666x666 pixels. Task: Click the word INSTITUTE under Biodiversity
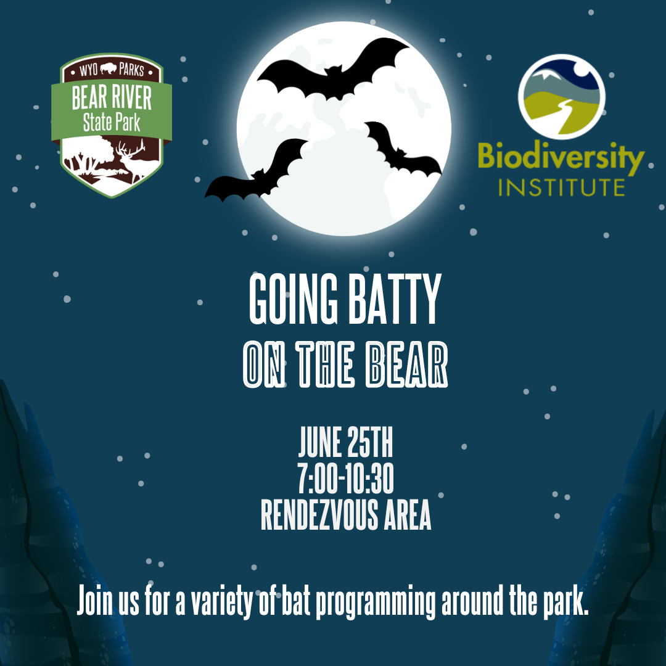point(561,187)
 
